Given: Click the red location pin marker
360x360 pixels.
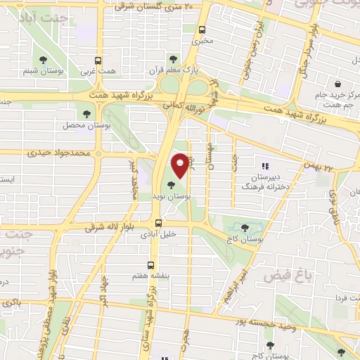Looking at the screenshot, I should click(x=181, y=165).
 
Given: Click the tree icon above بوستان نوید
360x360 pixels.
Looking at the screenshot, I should click(x=173, y=186).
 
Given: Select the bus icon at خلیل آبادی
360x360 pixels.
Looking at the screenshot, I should click(x=157, y=224).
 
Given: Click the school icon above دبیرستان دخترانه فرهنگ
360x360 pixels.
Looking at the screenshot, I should click(x=265, y=167).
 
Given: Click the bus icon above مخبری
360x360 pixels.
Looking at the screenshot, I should click(x=202, y=30).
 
